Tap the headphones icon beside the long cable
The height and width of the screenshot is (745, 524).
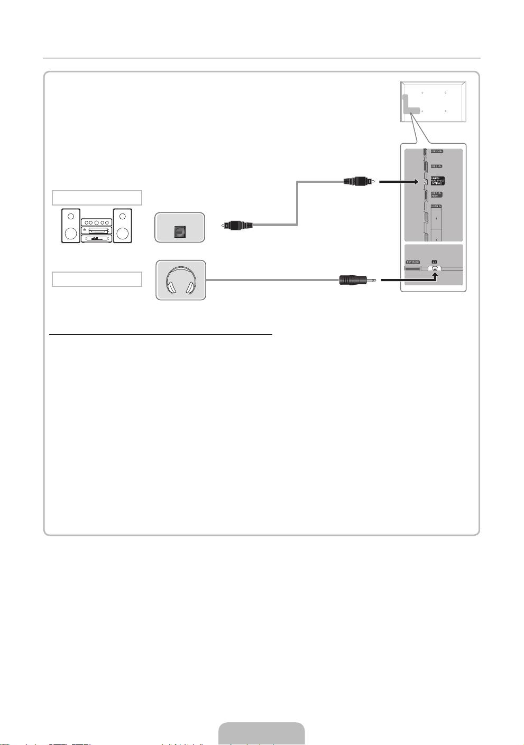pos(180,280)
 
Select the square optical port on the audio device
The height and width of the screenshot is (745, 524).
pos(179,231)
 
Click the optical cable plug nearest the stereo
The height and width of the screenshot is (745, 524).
pos(237,226)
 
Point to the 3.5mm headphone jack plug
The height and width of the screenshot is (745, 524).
pos(357,280)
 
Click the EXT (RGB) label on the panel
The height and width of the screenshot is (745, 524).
pos(412,262)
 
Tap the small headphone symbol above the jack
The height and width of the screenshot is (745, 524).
pos(434,261)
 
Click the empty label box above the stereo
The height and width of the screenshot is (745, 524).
pos(97,198)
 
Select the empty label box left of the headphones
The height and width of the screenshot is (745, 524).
pos(97,279)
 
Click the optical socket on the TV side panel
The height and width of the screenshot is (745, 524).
pos(425,182)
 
